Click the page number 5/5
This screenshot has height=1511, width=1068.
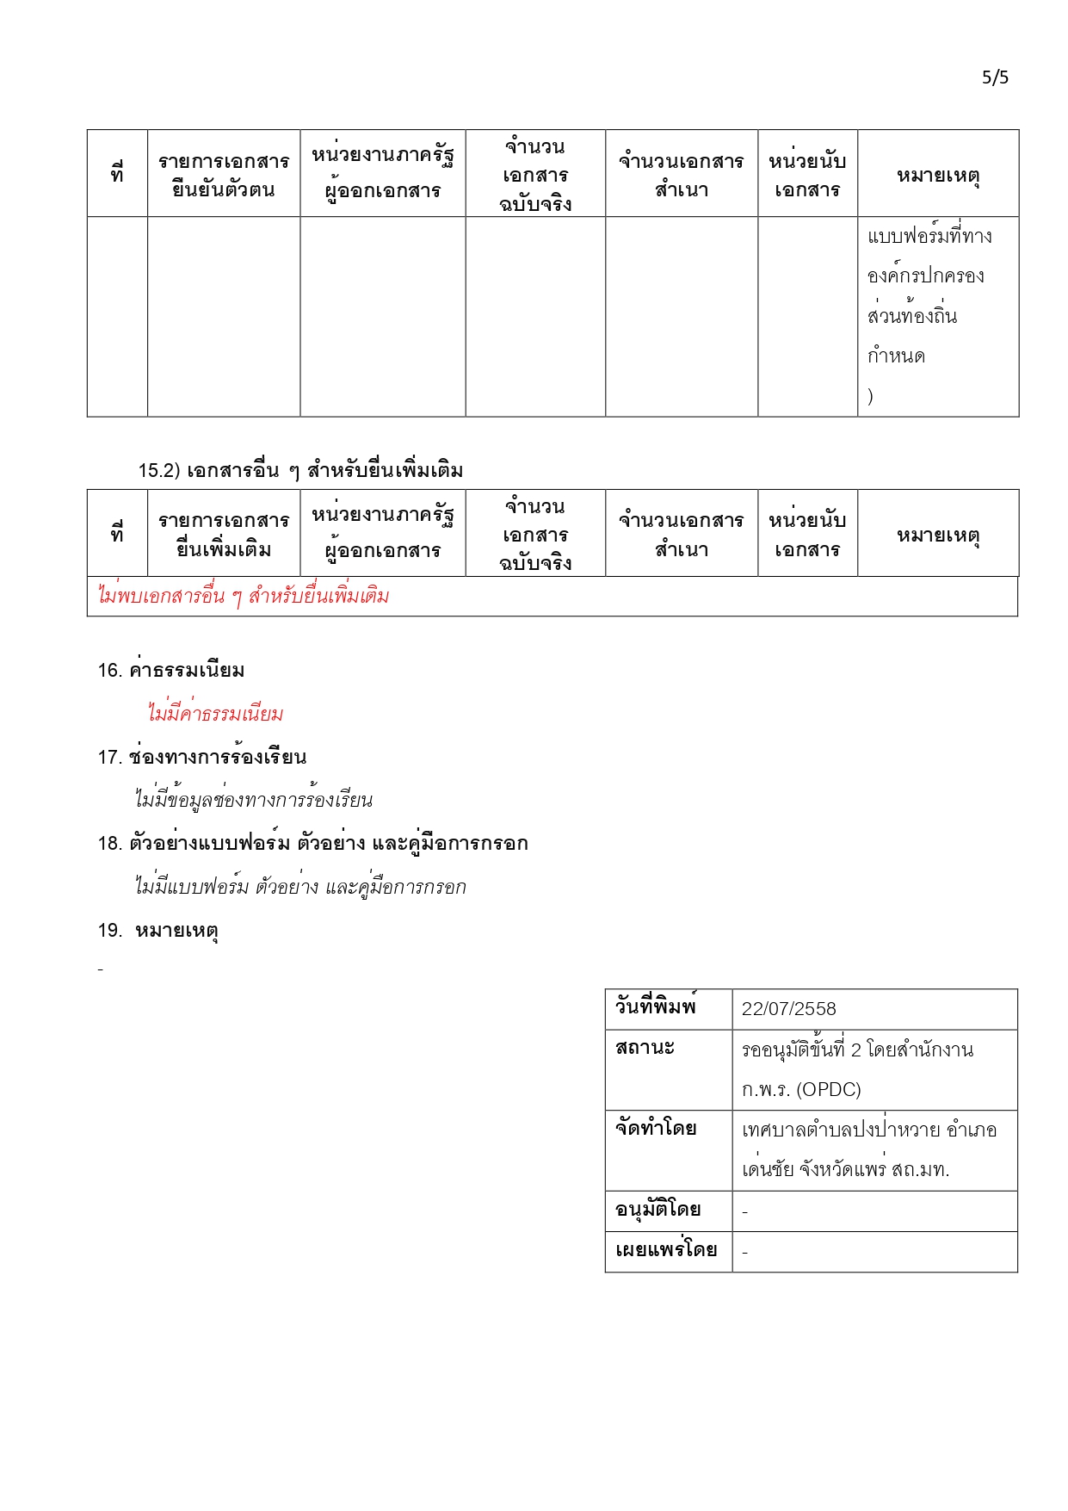pyautogui.click(x=995, y=77)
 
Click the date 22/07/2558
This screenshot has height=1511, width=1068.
pyautogui.click(x=788, y=1009)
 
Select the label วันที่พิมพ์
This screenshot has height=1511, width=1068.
pyautogui.click(x=655, y=1006)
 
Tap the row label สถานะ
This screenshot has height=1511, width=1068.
pyautogui.click(x=645, y=1048)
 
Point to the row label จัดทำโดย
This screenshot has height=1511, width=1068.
pyautogui.click(x=656, y=1128)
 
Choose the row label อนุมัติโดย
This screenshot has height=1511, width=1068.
pyautogui.click(x=657, y=1210)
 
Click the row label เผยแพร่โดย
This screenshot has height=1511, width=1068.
pyautogui.click(x=666, y=1250)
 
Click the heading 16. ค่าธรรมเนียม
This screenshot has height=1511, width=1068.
pyautogui.click(x=171, y=670)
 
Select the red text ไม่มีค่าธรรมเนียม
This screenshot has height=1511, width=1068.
pyautogui.click(x=215, y=714)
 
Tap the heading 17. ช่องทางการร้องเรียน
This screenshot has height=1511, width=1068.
pyautogui.click(x=202, y=757)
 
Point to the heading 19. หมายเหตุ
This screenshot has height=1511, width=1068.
pyautogui.click(x=158, y=931)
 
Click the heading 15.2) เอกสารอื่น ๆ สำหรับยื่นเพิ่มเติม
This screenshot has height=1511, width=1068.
pyautogui.click(x=300, y=470)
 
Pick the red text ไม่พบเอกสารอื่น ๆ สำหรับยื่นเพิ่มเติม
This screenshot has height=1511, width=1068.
pyautogui.click(x=244, y=596)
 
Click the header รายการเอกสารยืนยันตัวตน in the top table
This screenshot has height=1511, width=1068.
pyautogui.click(x=224, y=175)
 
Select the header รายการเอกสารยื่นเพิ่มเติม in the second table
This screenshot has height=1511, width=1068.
pyautogui.click(x=224, y=535)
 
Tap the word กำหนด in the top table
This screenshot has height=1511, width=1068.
pyautogui.click(x=896, y=356)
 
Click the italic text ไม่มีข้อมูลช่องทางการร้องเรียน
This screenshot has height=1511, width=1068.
pyautogui.click(x=254, y=800)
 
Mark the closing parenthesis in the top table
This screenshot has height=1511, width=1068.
pyautogui.click(x=871, y=396)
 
